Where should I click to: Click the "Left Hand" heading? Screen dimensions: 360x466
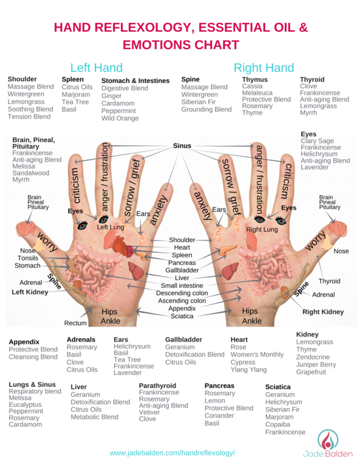(96, 68)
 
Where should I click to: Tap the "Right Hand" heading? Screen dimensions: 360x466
(264, 68)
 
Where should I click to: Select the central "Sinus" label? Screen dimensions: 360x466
(182, 145)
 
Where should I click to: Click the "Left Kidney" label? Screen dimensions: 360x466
(29, 292)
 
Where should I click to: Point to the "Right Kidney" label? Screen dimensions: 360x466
(323, 312)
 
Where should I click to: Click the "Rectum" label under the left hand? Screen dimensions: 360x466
(75, 323)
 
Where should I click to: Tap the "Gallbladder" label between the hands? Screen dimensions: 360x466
(182, 270)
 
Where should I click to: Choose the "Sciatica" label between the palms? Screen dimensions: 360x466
(182, 316)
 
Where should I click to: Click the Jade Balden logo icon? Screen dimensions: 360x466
(327, 440)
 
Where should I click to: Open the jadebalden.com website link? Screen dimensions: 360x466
(172, 453)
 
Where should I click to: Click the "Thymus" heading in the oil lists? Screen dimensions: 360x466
(255, 79)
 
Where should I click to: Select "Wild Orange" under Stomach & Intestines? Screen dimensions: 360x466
(120, 118)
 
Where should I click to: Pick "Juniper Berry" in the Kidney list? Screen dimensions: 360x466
(316, 365)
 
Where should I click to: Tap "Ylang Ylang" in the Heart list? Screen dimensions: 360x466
(249, 370)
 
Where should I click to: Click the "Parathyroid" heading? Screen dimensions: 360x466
(158, 385)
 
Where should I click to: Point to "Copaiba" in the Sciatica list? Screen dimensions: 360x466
(278, 424)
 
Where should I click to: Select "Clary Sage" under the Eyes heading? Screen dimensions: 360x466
(317, 141)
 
